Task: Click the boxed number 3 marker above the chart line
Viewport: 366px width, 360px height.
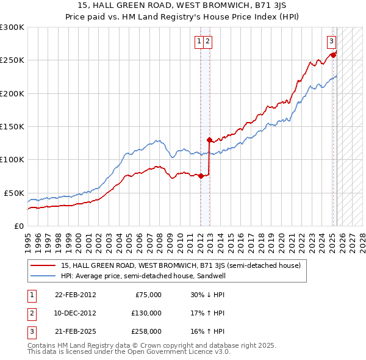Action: pyautogui.click(x=331, y=41)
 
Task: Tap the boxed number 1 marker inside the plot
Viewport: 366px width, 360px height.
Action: pyautogui.click(x=199, y=41)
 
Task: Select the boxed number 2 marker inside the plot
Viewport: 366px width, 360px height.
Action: pyautogui.click(x=207, y=41)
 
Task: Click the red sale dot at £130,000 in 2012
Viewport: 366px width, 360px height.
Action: pyautogui.click(x=209, y=140)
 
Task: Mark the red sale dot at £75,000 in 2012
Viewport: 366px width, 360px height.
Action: pyautogui.click(x=201, y=176)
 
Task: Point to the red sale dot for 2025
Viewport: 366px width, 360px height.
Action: pyautogui.click(x=333, y=55)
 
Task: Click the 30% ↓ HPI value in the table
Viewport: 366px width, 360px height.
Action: pyautogui.click(x=207, y=295)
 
